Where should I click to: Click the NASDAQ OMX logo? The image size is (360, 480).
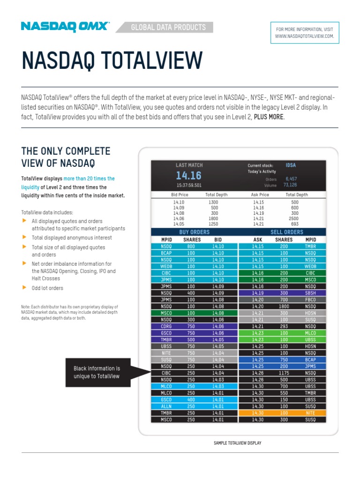(x=65, y=27)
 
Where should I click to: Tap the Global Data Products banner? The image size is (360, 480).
(x=168, y=27)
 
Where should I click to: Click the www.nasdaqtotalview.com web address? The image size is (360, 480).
(x=304, y=36)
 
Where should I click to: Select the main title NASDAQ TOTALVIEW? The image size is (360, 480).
(x=112, y=61)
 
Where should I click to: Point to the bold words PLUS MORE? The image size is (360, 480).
(x=268, y=117)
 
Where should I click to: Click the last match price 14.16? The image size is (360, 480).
(x=188, y=176)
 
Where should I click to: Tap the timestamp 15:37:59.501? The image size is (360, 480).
(x=188, y=185)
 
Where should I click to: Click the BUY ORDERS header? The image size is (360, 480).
(x=195, y=232)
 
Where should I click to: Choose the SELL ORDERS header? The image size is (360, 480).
(x=286, y=232)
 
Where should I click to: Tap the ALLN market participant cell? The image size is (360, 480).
(x=166, y=406)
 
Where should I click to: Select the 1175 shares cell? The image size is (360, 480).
(x=284, y=373)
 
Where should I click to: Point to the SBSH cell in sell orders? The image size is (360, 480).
(x=310, y=293)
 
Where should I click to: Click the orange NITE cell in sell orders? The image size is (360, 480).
(x=310, y=413)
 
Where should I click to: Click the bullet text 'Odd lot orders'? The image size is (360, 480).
(x=47, y=288)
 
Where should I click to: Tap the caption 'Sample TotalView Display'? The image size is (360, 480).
(x=237, y=443)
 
